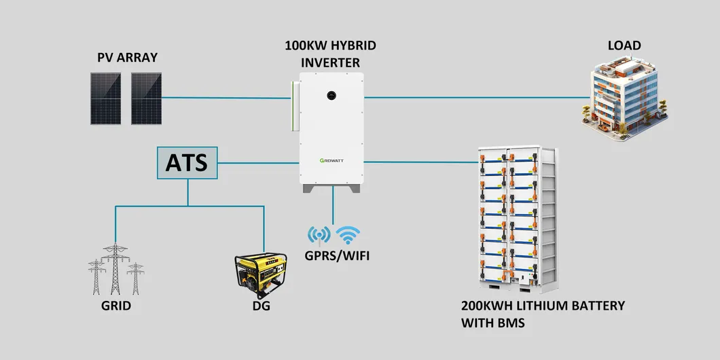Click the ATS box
pos(187,163)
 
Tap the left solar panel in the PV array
pos(106,98)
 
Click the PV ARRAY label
pos(127,58)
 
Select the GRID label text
pos(115,306)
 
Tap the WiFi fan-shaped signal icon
pos(349,235)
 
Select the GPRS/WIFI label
pos(333,256)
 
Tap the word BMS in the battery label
pos(511,323)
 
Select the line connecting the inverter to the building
pos(475,97)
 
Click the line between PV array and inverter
pos(224,98)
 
